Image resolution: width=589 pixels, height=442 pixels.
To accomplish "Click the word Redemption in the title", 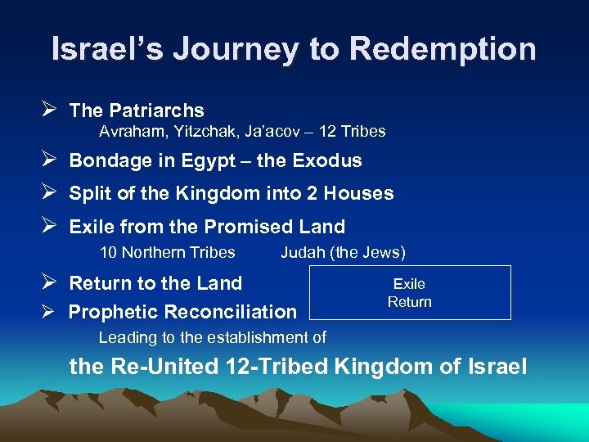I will (443, 49).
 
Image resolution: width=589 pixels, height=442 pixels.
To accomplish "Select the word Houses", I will (359, 193).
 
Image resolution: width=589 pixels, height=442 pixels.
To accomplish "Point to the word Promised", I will (248, 226).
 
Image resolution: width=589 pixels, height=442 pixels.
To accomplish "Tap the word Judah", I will (303, 252).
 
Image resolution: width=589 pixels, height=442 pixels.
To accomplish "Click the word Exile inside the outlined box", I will (409, 284).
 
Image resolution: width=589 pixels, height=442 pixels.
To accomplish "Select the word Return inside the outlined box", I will (409, 302).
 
